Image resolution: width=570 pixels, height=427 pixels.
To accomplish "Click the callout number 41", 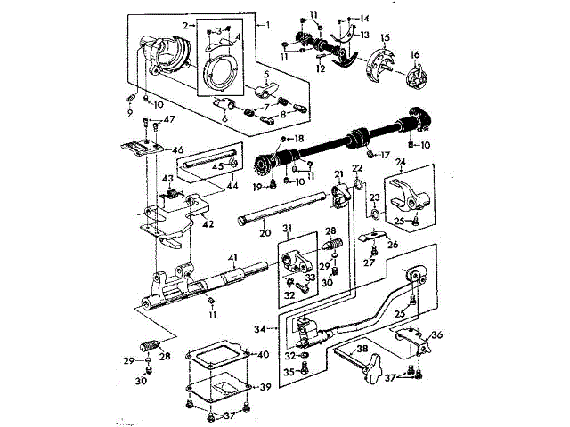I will point(233,258).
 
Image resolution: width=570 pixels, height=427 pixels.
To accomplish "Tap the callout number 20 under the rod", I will point(264,234).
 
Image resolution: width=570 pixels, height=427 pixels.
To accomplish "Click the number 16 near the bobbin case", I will point(414,54).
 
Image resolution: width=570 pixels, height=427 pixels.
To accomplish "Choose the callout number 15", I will point(387,37).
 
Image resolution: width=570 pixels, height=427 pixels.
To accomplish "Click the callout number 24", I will point(399,162).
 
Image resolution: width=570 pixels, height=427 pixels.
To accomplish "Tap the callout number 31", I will point(287,229).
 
